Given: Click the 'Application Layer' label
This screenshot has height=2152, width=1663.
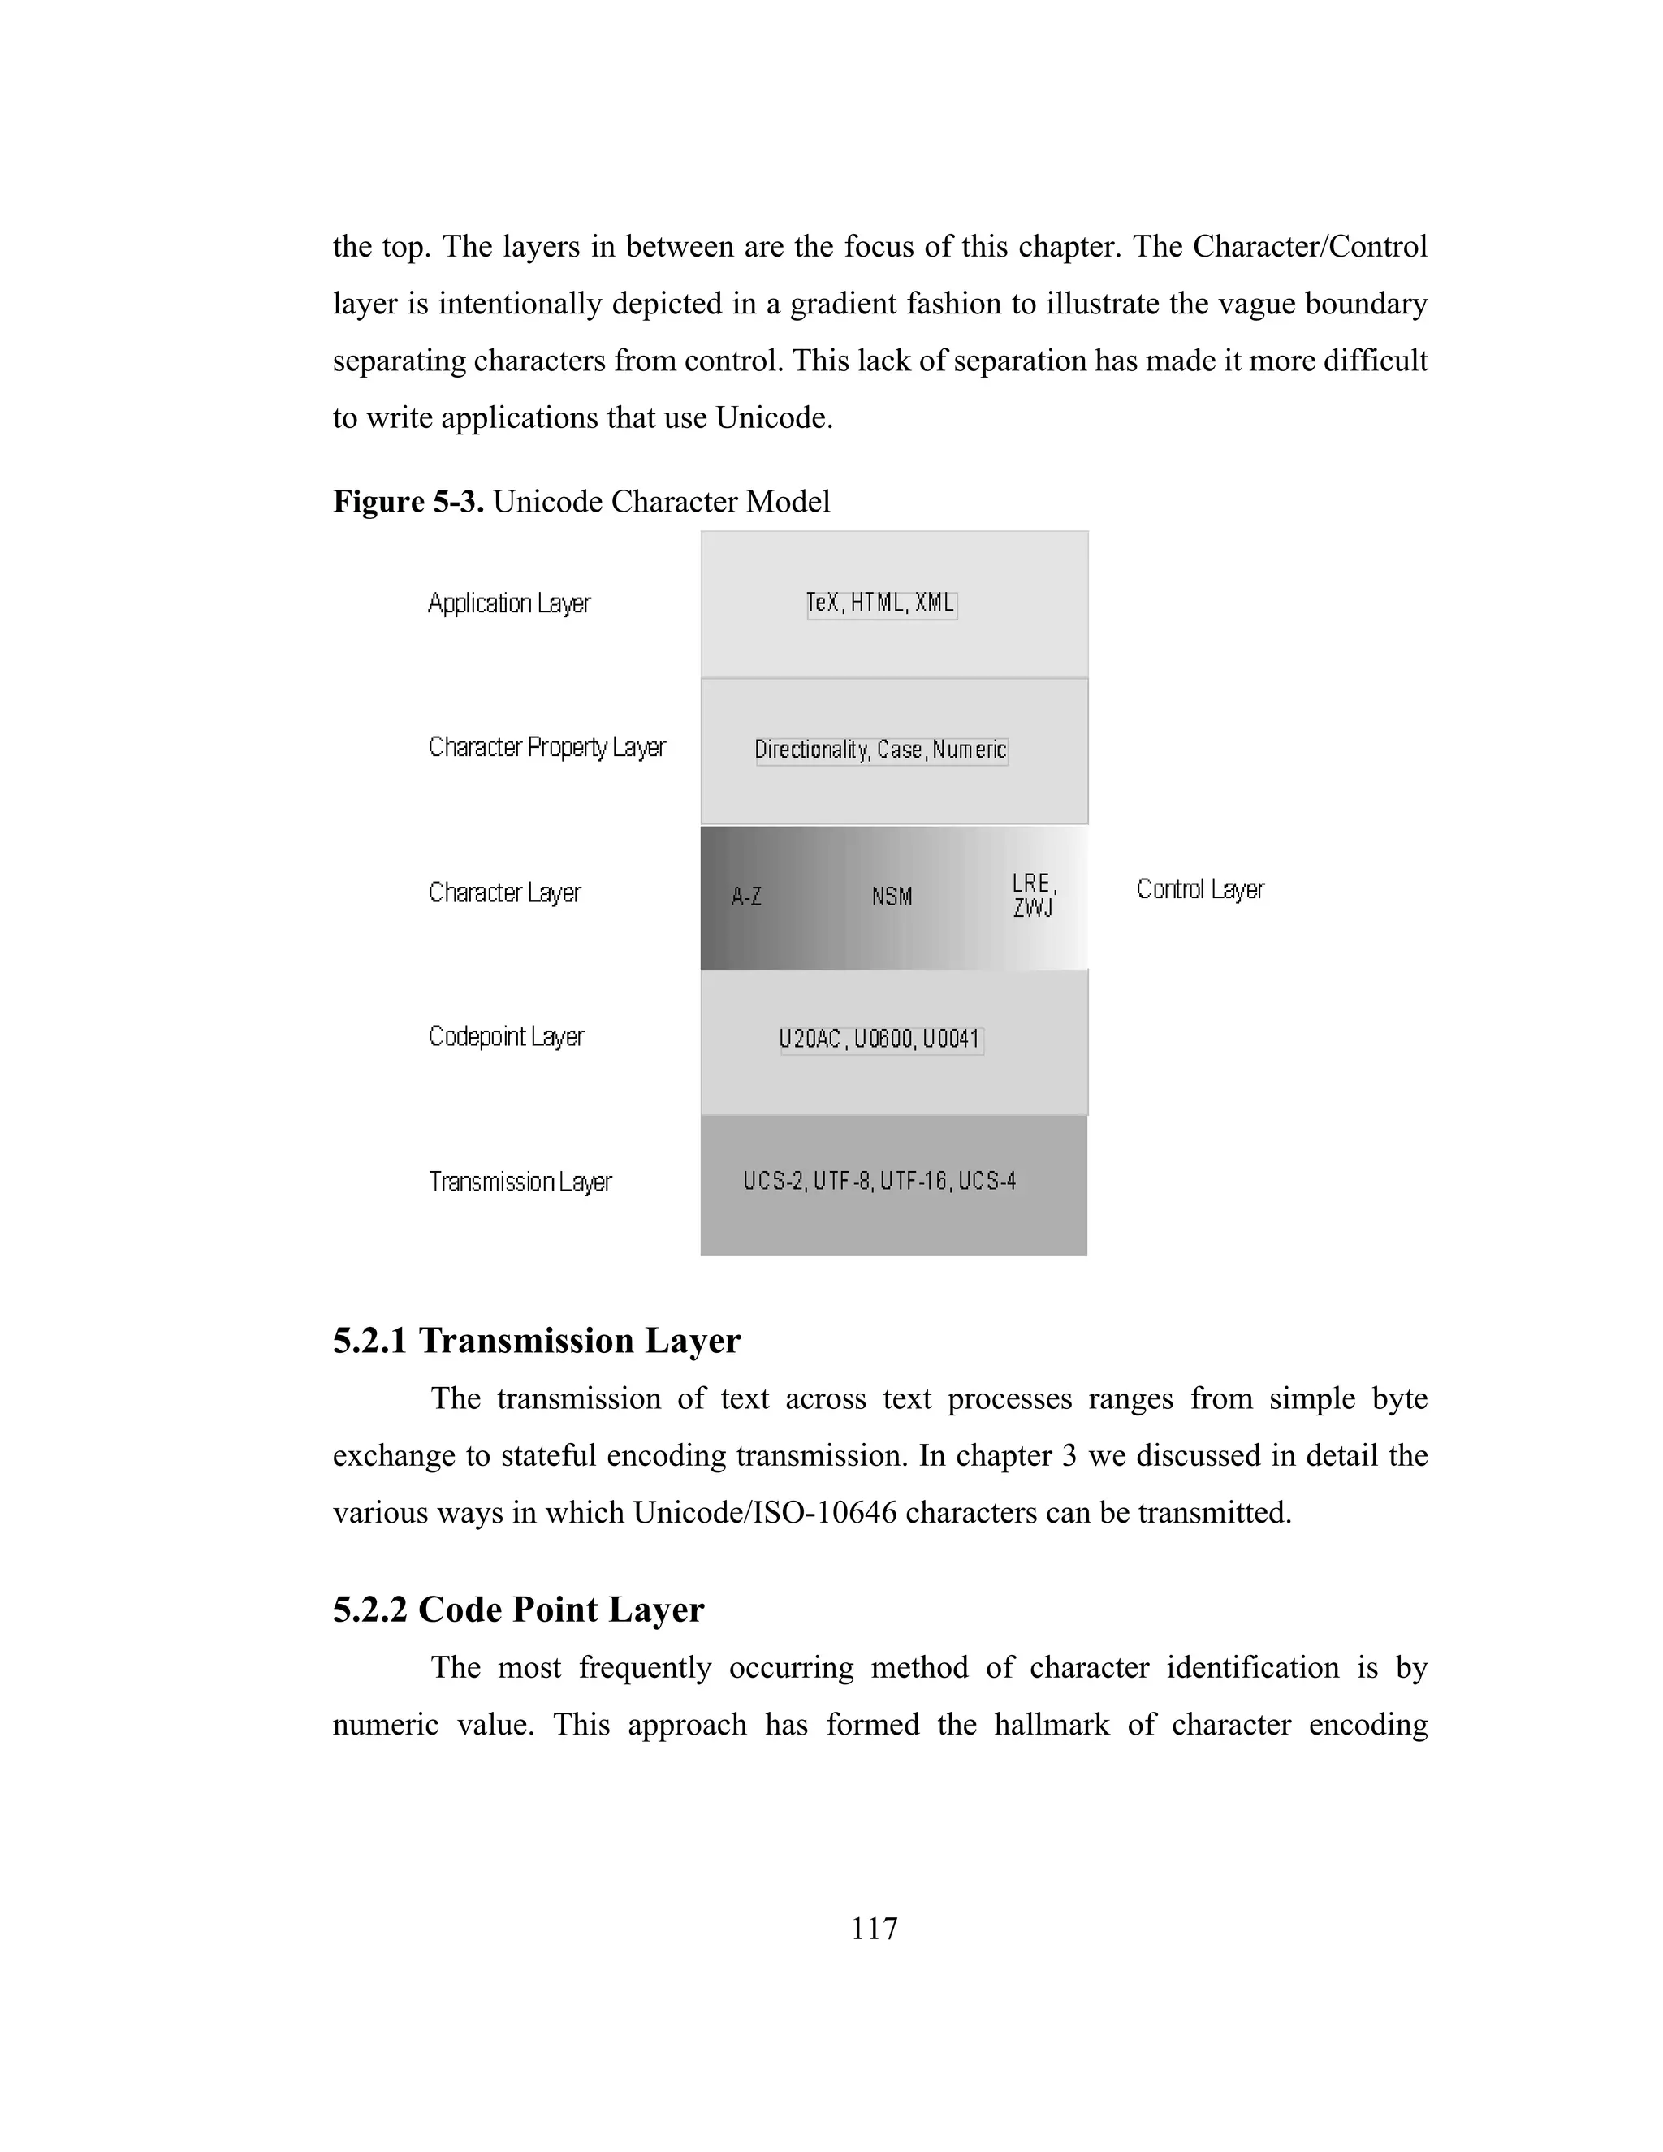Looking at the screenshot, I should tap(508, 603).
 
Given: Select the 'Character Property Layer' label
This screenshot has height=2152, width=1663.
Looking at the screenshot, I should tap(546, 748).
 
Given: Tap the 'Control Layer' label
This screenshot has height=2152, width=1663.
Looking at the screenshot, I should tap(1199, 890).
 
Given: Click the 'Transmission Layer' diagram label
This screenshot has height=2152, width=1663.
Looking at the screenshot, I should tap(520, 1182).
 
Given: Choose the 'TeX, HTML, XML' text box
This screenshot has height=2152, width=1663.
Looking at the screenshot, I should tap(881, 603).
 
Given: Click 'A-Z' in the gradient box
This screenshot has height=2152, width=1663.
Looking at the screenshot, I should tap(745, 897).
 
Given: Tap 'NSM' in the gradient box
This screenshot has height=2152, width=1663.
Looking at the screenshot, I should tap(892, 897).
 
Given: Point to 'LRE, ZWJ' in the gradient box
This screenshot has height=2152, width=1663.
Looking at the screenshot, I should tap(1034, 895).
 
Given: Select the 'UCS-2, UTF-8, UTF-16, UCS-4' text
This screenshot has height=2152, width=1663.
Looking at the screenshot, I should tap(879, 1181).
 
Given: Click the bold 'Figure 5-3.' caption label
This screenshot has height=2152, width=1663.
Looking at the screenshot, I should tap(408, 502).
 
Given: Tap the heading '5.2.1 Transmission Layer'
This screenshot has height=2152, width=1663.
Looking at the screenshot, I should tap(536, 1341).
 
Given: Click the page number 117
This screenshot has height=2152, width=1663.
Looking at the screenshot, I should tap(874, 1929).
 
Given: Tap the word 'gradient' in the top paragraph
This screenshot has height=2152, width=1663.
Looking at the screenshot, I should tap(844, 304).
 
